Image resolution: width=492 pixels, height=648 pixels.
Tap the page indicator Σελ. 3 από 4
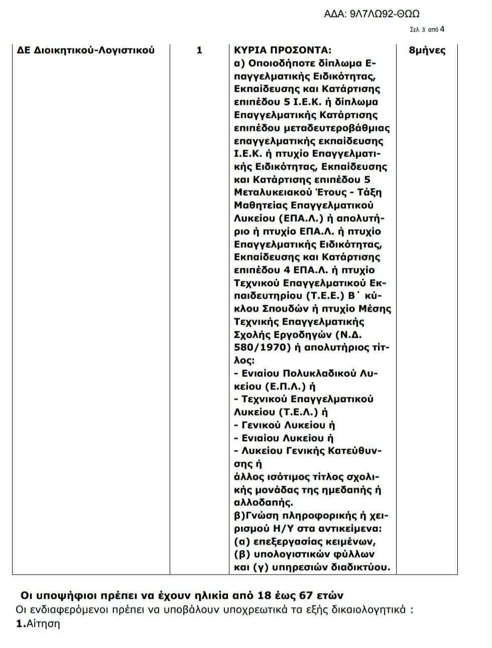(427, 30)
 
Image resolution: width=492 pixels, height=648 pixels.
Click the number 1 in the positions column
(199, 50)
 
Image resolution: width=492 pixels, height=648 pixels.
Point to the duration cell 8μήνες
(427, 50)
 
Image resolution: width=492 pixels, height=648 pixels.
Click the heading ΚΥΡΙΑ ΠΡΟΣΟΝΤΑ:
(283, 50)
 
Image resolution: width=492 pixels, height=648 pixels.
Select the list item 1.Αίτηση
(38, 624)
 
